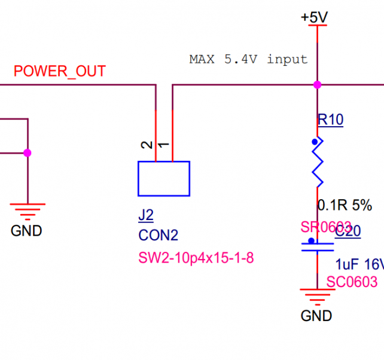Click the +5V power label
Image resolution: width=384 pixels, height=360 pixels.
point(315,18)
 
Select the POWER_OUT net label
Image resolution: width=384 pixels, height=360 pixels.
point(59,71)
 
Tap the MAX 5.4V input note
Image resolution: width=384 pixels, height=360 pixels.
point(248,59)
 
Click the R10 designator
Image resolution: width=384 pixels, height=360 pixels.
point(330,120)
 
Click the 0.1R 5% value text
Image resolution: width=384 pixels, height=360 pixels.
point(344,206)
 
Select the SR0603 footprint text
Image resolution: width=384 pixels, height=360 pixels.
point(325,227)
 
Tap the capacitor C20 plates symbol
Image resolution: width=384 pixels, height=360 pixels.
point(317,247)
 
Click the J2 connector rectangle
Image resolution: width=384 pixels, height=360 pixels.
point(164,178)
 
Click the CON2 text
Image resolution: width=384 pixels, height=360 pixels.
point(159,236)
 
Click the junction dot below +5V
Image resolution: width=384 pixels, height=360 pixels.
point(317,85)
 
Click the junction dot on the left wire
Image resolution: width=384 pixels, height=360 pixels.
point(27,153)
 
